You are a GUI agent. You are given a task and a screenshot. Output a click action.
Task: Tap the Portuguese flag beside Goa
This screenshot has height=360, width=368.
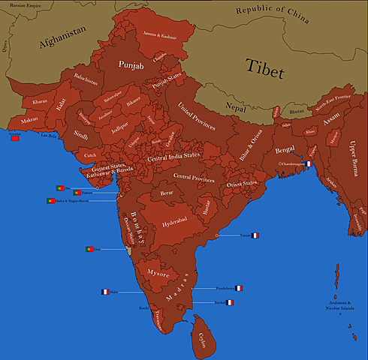[x=89, y=248]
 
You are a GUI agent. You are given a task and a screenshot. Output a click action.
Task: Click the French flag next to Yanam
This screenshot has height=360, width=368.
[x=255, y=235]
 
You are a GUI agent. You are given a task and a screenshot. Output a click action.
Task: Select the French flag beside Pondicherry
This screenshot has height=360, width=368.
[x=239, y=288]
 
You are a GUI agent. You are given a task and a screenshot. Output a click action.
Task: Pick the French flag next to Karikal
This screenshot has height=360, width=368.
[x=231, y=302]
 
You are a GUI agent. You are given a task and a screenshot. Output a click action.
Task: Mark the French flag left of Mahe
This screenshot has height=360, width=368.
[x=105, y=292]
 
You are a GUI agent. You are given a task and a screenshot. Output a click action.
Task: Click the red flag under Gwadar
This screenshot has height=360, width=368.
[x=15, y=138]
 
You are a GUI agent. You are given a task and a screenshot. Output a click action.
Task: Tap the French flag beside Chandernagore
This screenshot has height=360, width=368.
[x=309, y=163]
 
